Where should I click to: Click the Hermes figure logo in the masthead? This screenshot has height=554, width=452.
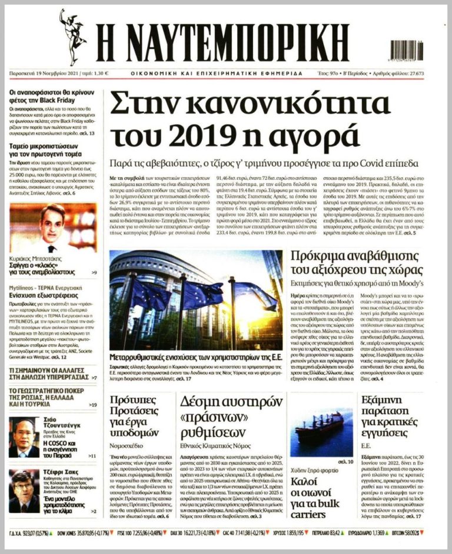(72, 36)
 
